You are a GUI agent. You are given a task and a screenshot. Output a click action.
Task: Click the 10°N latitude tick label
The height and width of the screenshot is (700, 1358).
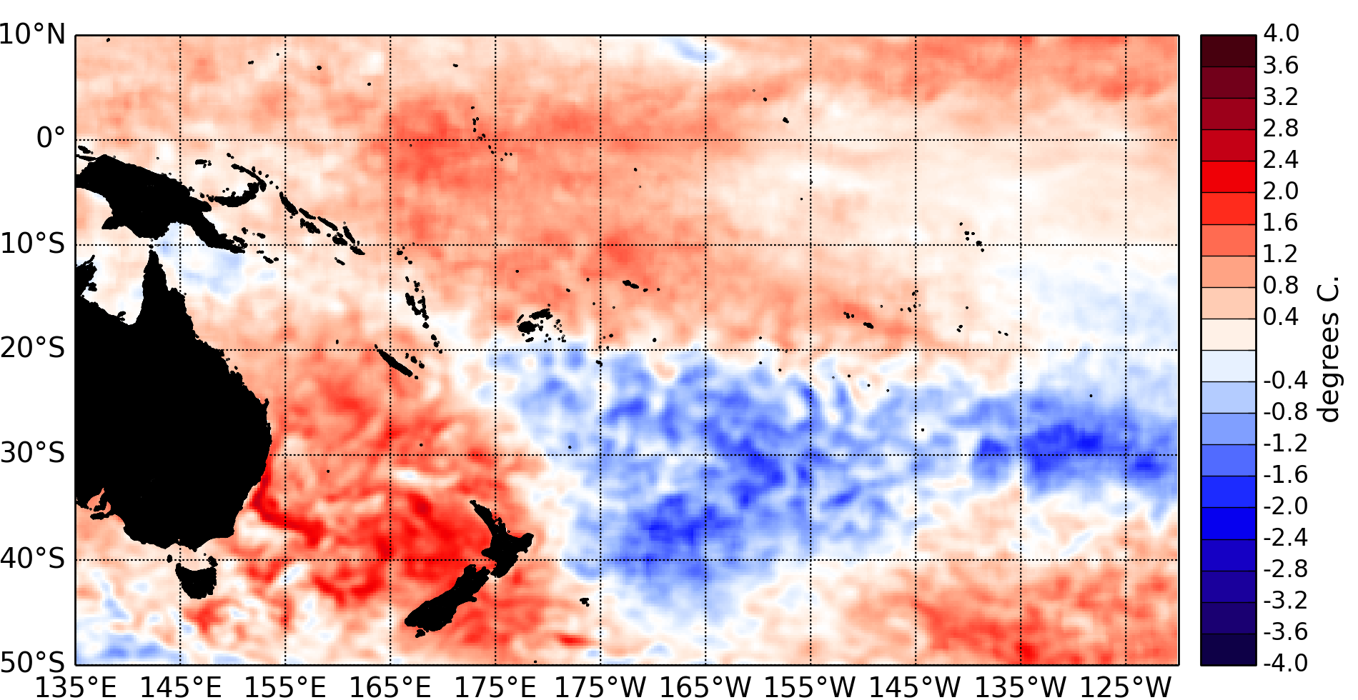(33, 34)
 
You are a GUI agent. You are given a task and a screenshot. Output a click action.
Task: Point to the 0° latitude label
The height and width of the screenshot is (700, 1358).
(50, 138)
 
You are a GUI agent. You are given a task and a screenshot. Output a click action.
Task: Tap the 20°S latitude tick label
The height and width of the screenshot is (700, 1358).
(33, 349)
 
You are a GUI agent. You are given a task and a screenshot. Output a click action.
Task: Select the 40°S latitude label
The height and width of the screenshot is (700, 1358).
(33, 559)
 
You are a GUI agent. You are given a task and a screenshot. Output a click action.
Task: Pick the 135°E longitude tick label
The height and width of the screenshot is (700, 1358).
(76, 687)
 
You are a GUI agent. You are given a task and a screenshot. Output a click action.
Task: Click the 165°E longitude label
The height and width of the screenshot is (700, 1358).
(390, 687)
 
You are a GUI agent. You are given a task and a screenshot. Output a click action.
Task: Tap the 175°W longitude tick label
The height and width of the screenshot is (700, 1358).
(600, 687)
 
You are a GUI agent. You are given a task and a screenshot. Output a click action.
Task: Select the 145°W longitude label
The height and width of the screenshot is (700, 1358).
(916, 687)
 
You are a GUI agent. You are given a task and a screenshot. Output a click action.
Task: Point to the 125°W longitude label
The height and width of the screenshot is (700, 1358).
(1126, 687)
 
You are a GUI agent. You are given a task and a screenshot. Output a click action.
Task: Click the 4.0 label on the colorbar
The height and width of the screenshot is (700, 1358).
(1281, 34)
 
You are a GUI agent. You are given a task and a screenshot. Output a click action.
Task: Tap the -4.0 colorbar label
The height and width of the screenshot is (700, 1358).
(1284, 662)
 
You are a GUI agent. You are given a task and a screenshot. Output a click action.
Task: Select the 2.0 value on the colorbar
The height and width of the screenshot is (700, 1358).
(1281, 191)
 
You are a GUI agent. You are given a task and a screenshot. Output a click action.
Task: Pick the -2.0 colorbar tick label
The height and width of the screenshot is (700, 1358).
(1284, 506)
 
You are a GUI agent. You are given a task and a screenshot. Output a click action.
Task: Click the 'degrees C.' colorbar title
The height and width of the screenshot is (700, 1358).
(1328, 350)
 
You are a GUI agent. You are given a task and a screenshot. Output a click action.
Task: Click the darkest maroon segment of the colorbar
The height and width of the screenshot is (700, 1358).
(1228, 51)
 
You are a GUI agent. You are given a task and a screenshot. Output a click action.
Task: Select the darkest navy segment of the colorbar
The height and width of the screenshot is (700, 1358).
(1228, 649)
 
